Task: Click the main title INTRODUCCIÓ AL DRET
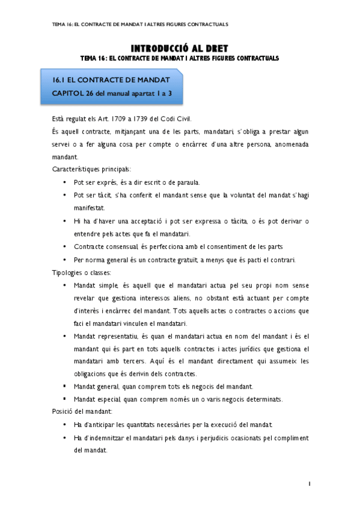(x=180, y=48)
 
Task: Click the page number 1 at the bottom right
(x=308, y=483)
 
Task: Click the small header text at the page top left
(x=140, y=25)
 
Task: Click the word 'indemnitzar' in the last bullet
(x=112, y=438)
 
